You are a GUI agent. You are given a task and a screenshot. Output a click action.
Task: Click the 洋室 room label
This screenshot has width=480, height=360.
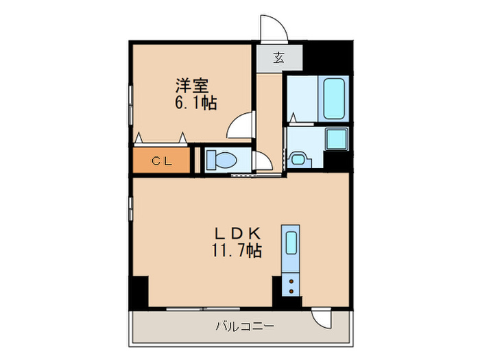tap(193, 86)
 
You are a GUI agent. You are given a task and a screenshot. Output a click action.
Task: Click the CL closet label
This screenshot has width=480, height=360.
tap(161, 161)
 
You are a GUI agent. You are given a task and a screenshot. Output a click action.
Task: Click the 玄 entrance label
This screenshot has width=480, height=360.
tap(279, 58)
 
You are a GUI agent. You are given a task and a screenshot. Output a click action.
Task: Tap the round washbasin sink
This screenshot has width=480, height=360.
tap(298, 159)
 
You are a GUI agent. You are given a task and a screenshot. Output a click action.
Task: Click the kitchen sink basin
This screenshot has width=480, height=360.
tap(291, 243)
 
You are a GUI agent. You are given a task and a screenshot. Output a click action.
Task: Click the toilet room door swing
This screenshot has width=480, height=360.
tap(261, 162)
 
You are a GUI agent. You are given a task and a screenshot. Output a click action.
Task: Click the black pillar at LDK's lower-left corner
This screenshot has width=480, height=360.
tap(139, 291)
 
